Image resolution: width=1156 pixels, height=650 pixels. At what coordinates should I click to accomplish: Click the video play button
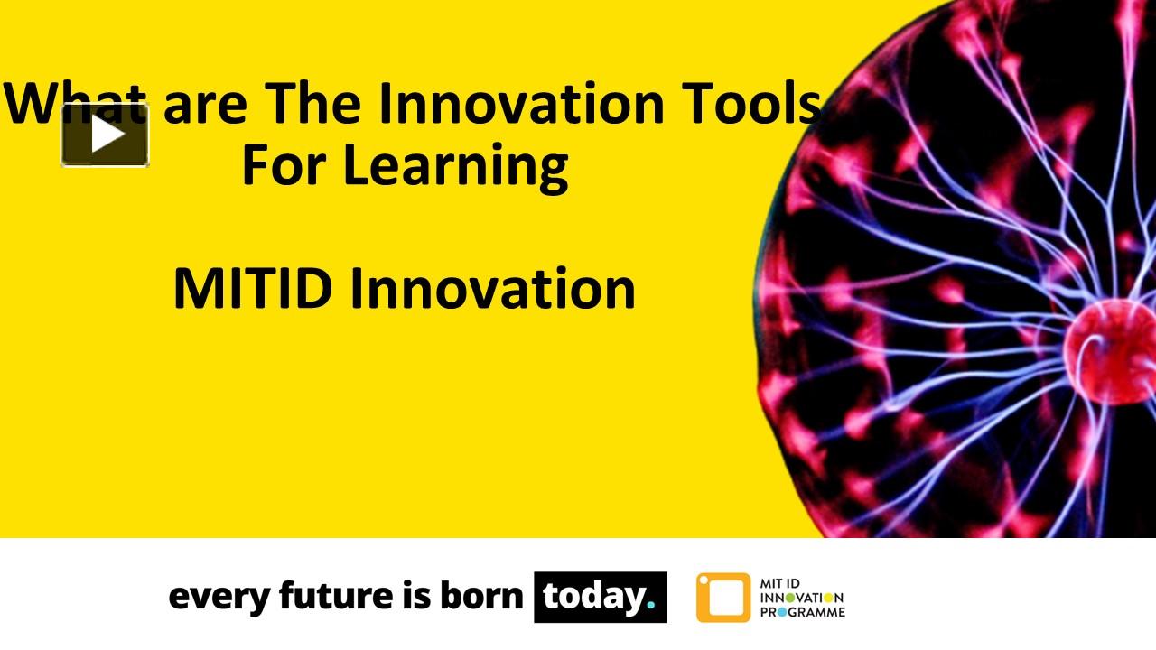(105, 135)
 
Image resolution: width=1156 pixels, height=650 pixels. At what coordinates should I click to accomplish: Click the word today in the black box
(593, 597)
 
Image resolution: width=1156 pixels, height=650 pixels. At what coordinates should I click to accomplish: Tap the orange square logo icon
(722, 598)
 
